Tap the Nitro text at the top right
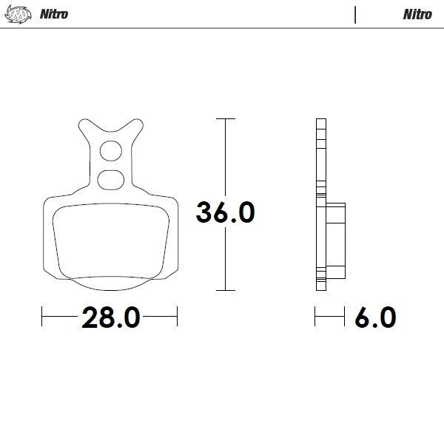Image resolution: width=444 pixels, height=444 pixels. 417,14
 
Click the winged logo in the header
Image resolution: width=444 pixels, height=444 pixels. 22,14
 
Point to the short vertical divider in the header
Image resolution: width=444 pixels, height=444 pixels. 356,14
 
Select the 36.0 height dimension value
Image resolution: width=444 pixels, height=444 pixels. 225,212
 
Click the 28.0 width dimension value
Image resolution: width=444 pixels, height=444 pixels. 110,318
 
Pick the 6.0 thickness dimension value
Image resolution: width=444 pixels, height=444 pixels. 375,318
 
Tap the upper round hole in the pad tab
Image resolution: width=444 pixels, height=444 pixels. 111,151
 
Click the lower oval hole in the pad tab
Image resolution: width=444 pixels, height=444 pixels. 111,178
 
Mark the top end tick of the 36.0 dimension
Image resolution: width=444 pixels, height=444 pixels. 225,118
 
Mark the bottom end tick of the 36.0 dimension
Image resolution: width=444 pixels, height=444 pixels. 225,290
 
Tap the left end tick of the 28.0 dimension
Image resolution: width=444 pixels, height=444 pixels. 43,318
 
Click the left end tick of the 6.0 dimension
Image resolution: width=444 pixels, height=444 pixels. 316,318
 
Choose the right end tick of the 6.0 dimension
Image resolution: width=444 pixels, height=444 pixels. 346,318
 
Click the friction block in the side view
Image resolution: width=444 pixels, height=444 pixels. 335,235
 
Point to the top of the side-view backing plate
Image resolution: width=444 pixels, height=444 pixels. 320,121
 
